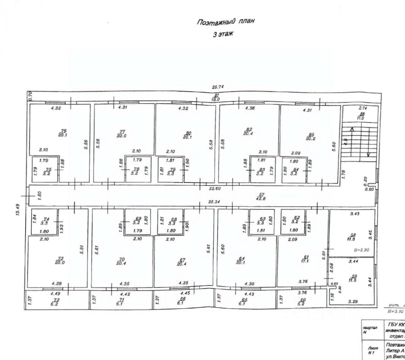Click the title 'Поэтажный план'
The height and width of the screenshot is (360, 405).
pos(225,22)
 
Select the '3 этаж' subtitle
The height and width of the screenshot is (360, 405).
pos(223,34)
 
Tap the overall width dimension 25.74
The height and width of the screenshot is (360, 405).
pos(217,87)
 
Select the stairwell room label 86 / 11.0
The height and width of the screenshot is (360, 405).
pos(362,116)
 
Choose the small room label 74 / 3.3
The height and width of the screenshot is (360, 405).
pos(46,221)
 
